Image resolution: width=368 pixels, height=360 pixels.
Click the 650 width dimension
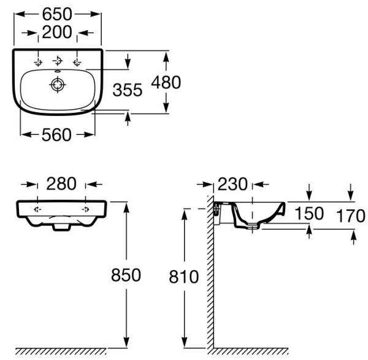point(57,14)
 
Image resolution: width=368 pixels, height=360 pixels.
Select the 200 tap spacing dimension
point(57,32)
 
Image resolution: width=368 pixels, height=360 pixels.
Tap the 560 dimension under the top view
point(56,135)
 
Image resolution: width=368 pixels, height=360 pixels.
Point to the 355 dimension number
point(127,90)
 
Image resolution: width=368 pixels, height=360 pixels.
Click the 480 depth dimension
point(166,82)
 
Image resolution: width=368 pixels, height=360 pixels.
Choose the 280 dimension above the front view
point(61,183)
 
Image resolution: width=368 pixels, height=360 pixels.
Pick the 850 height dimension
point(126,275)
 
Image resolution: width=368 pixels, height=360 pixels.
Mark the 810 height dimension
point(184,277)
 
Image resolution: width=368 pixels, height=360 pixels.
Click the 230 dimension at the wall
point(232,184)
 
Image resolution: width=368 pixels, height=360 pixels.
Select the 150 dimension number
point(309,213)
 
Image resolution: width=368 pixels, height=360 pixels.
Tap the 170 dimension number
point(351,216)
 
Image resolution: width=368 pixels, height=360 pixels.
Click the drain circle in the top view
point(58,85)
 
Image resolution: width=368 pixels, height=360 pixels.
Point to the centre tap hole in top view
point(58,61)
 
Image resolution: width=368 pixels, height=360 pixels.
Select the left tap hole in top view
point(38,63)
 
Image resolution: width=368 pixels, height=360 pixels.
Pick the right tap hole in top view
point(77,63)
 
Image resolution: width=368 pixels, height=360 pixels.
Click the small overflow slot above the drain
point(58,71)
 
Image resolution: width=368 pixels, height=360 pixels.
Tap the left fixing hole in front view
point(37,209)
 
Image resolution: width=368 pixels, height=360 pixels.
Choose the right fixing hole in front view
point(85,209)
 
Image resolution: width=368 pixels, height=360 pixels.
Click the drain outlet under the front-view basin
point(61,227)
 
